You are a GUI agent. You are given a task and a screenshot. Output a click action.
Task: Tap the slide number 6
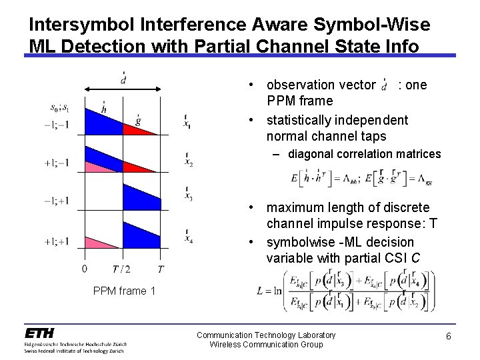click(x=449, y=337)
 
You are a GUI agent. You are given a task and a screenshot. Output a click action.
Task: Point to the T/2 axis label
click(x=123, y=269)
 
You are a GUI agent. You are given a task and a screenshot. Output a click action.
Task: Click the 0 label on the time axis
click(x=84, y=269)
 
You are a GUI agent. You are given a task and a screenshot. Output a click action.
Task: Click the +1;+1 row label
click(x=59, y=241)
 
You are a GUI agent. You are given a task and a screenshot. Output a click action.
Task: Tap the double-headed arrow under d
click(x=123, y=89)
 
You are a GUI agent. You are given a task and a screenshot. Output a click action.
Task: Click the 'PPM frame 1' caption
click(x=124, y=290)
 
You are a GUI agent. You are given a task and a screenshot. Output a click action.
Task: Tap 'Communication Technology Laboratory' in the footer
click(x=266, y=334)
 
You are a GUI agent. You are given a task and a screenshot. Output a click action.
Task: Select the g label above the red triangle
click(x=138, y=120)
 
